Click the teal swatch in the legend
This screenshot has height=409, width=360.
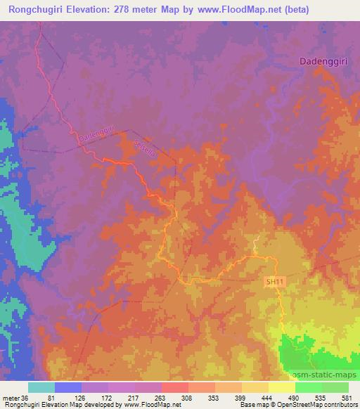click(41, 387)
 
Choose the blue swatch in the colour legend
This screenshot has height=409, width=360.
click(68, 387)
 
